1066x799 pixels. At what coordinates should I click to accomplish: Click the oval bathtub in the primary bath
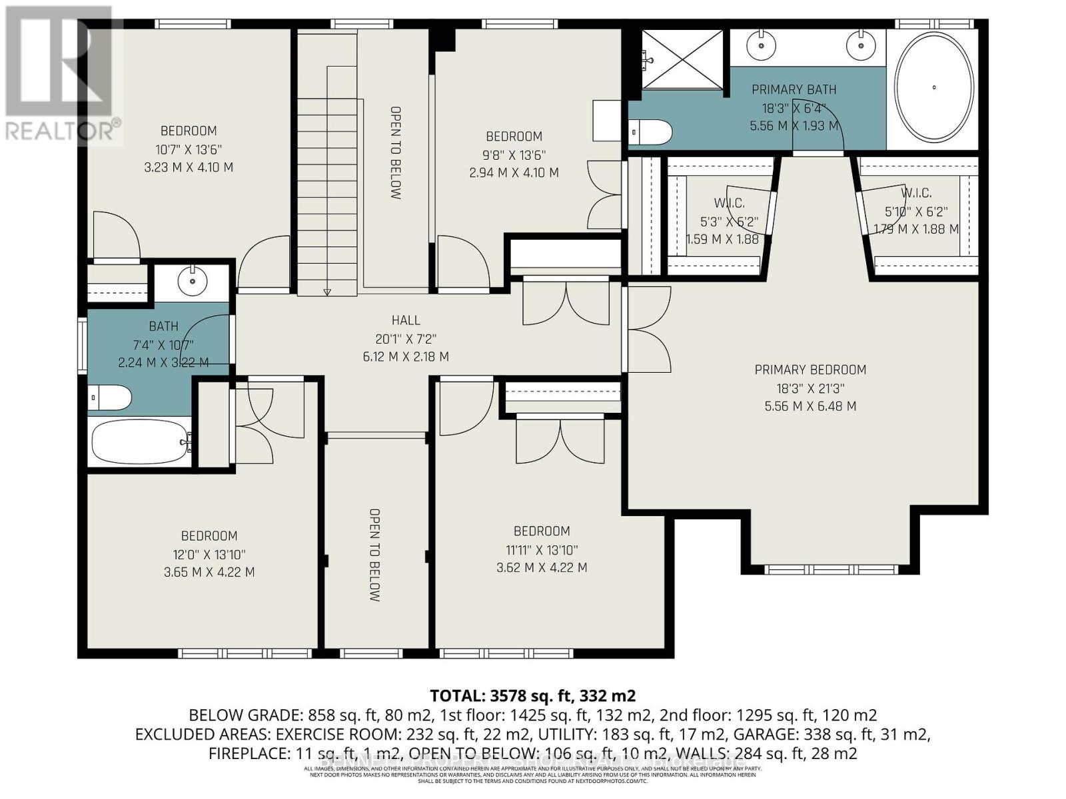point(934,87)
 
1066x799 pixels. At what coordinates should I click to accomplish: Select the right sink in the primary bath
point(860,45)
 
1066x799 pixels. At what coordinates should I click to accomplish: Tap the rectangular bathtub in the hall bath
point(141,442)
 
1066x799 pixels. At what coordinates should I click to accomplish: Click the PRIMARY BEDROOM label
point(810,370)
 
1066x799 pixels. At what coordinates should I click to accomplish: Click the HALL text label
point(406,320)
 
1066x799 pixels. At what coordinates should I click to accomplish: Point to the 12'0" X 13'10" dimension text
point(209,554)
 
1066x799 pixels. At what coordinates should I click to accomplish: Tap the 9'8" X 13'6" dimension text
point(514,155)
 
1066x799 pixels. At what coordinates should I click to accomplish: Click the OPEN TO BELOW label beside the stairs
point(395,153)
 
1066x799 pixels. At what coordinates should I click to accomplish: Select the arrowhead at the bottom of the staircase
point(327,292)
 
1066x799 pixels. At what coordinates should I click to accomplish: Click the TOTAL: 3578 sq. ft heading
point(533,696)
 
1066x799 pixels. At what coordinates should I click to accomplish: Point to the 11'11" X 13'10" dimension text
point(542,550)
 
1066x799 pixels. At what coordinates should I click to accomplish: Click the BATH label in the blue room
point(163,326)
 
